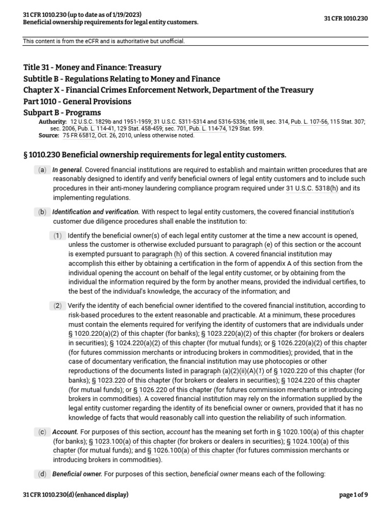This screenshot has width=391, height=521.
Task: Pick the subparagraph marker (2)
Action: (58, 305)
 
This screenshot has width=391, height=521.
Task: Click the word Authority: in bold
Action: (52, 122)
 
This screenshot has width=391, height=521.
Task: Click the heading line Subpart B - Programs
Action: (62, 112)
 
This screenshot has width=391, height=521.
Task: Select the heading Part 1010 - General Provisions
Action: (77, 101)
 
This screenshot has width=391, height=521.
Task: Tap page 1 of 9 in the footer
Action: (353, 495)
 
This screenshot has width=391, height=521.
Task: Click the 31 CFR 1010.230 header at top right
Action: (346, 19)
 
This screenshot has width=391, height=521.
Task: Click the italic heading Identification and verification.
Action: (96, 212)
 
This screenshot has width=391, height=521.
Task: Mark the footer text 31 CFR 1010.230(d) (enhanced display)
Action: (76, 495)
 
